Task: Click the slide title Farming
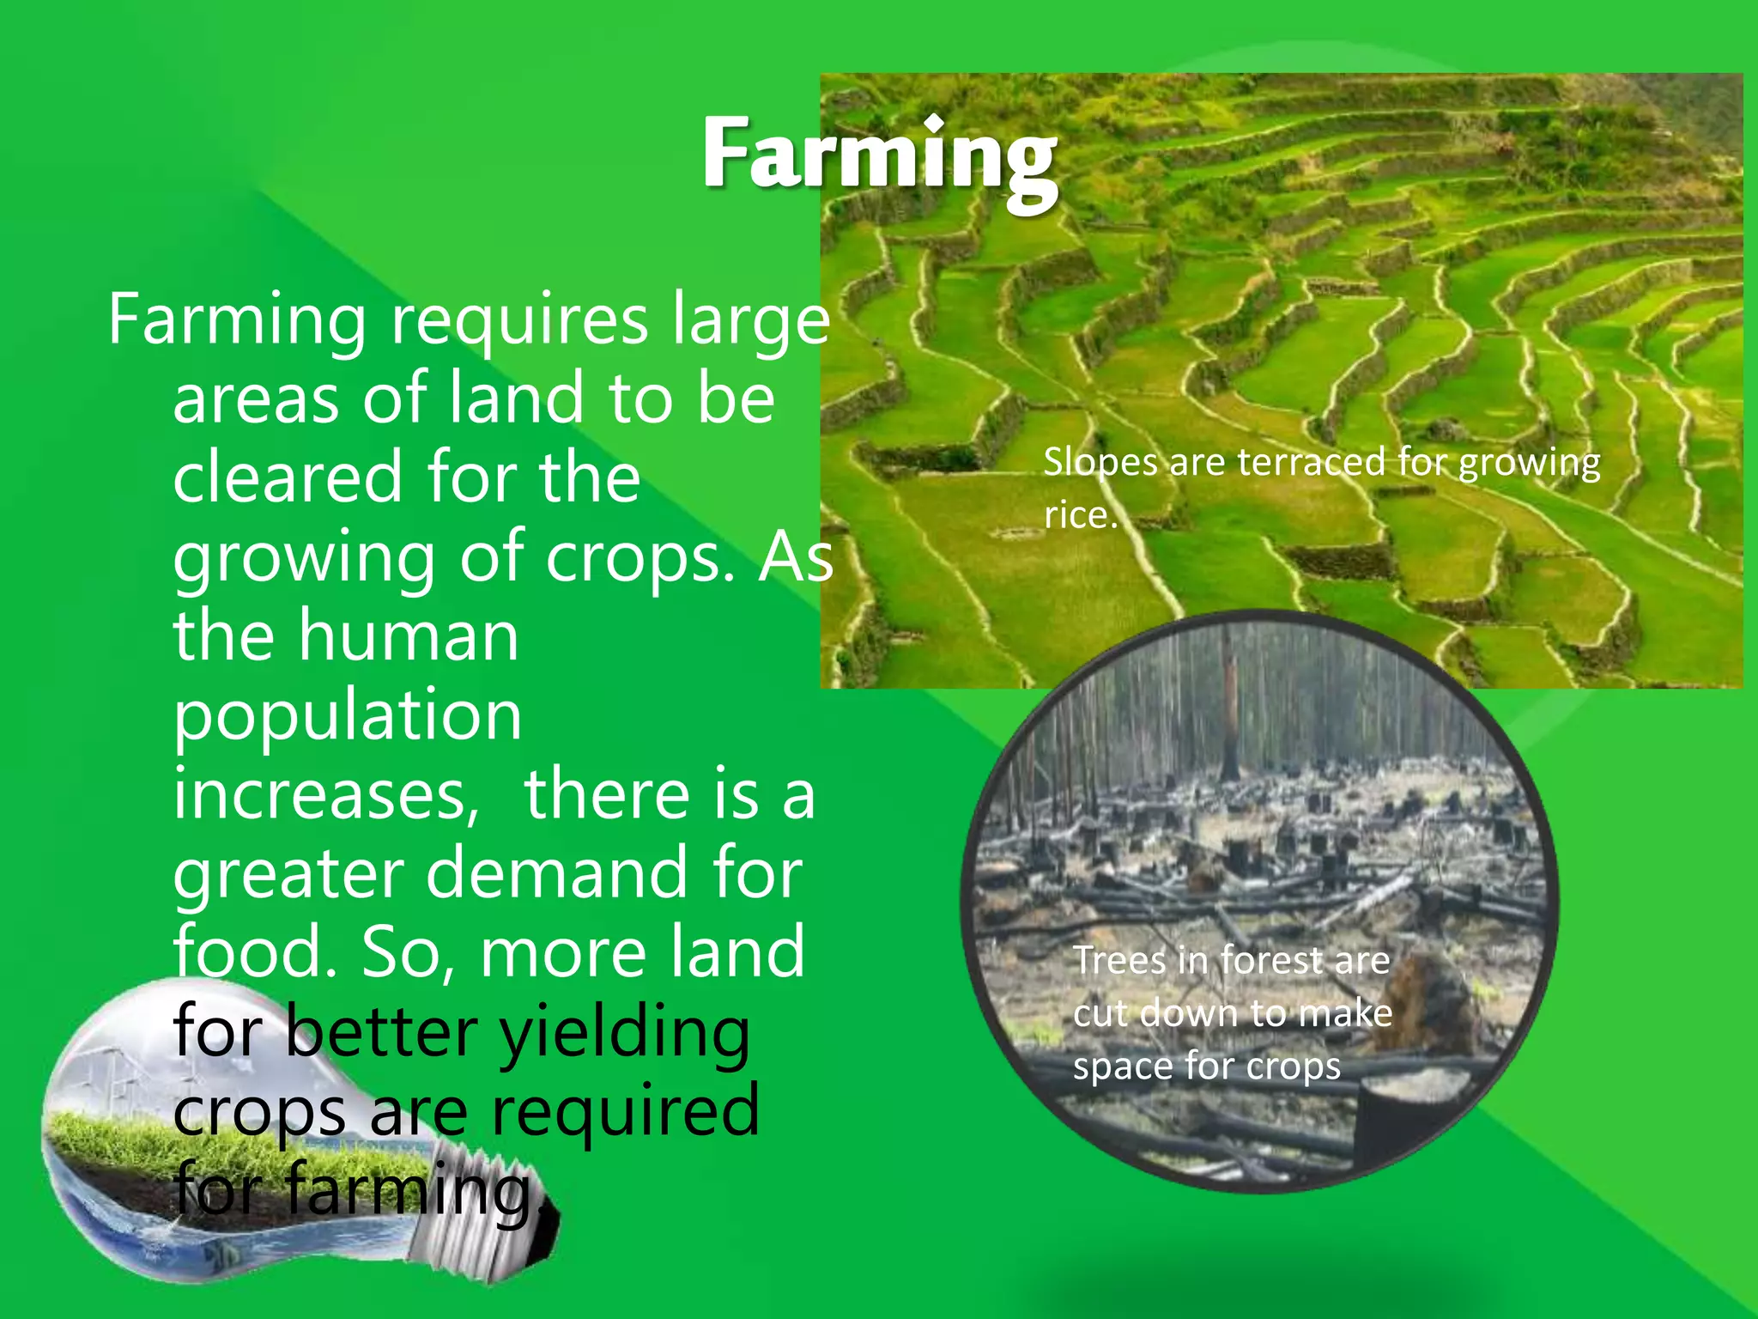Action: pos(879,155)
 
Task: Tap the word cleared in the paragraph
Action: pos(287,477)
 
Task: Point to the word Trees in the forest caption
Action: pos(1120,960)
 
